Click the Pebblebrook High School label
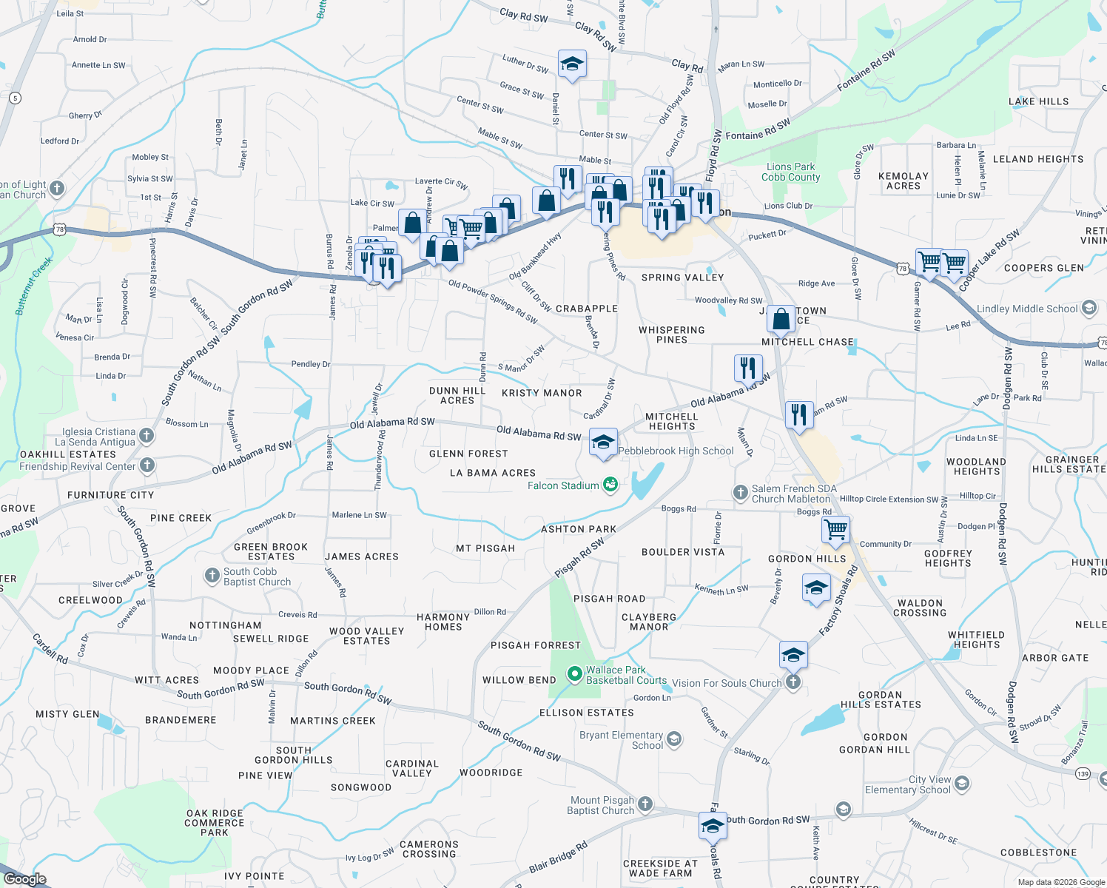tap(676, 451)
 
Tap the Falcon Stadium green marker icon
tap(610, 485)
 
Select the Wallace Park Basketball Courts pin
tap(574, 674)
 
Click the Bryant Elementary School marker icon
tap(673, 739)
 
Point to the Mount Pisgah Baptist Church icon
tap(645, 804)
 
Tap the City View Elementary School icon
tap(961, 784)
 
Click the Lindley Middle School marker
tap(1089, 308)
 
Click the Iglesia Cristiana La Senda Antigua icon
tap(147, 436)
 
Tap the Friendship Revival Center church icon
tap(147, 465)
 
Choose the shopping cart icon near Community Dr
tap(835, 529)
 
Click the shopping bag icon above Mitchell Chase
tap(781, 320)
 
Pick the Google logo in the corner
tap(25, 878)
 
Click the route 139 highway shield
tap(1083, 773)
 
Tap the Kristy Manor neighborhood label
tap(542, 393)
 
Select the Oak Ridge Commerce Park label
tap(215, 822)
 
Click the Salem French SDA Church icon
tap(741, 493)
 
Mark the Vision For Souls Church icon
tap(793, 682)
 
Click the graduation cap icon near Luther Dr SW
tap(572, 65)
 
